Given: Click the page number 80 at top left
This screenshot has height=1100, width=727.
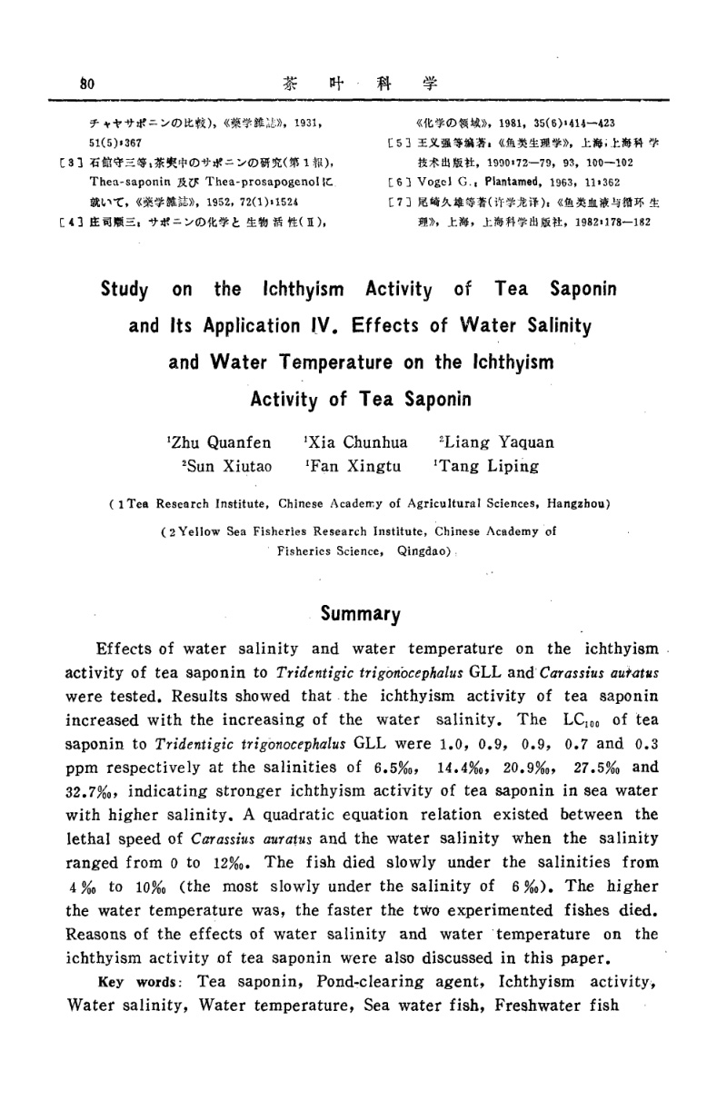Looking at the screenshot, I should click(x=87, y=82).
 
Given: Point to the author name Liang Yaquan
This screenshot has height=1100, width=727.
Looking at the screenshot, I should click(x=496, y=442).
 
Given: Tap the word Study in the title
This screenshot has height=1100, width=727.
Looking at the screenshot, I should click(x=124, y=291).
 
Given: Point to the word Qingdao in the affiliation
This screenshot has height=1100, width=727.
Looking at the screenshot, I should click(x=421, y=550).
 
